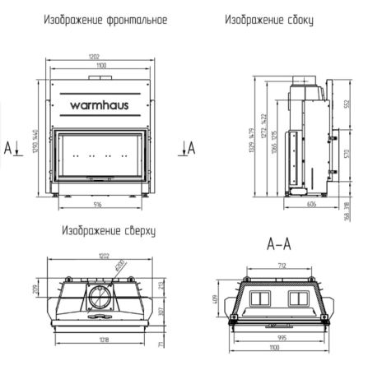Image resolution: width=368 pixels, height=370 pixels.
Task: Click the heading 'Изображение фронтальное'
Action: point(97,17)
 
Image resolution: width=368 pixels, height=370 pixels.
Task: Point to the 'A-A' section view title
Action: point(279,244)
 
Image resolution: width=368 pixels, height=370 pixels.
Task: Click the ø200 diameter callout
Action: point(119,266)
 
